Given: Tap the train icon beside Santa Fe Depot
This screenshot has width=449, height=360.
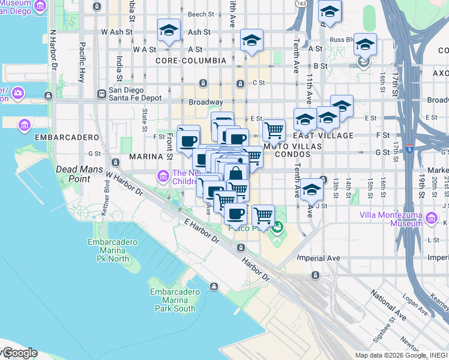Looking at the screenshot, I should [101, 94].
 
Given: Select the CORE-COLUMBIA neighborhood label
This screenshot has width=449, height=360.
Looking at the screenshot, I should [190, 61].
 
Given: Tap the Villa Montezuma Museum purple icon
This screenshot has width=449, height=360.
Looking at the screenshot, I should [432, 215].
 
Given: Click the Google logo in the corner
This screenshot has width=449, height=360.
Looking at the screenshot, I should [19, 353].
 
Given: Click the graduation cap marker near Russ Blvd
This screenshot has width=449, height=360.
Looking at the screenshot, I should [364, 44].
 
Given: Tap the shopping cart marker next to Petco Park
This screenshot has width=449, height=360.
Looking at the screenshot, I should [262, 215].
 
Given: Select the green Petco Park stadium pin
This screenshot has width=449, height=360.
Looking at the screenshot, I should [277, 227].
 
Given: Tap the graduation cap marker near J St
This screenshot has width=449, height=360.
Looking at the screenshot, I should [311, 190].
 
